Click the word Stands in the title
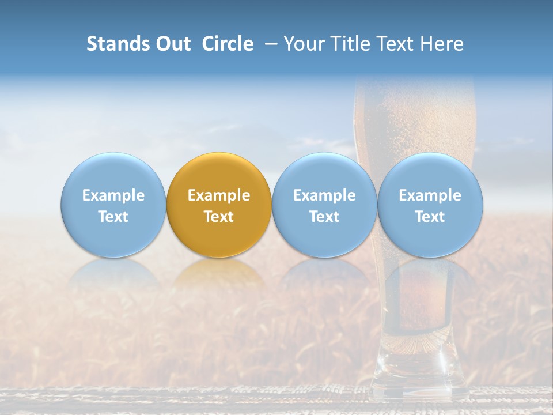112,44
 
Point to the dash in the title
269,44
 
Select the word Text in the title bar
395,44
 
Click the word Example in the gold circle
219,195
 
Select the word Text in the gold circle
219,217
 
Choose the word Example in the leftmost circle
113,195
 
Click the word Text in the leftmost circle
113,217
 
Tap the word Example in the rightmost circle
430,195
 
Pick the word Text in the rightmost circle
430,217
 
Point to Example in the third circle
324,195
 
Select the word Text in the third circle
324,217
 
